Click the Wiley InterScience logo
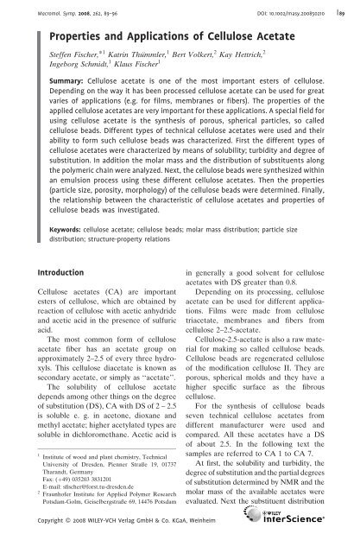click(323, 526)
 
